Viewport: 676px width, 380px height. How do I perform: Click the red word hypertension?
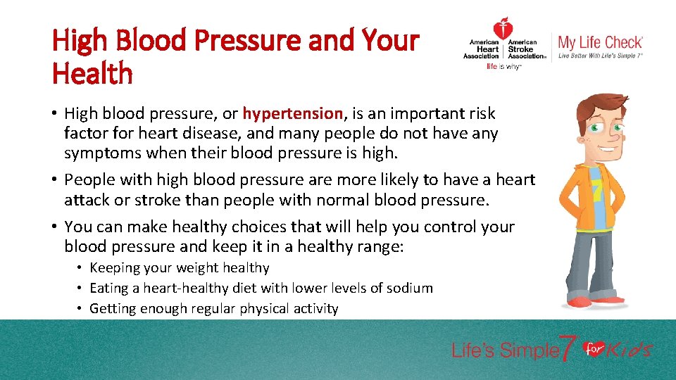coord(293,113)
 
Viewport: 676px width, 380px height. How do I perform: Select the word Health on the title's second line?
coord(92,73)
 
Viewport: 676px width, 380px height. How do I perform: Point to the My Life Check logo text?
coord(600,42)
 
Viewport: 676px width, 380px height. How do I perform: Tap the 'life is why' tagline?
coord(503,67)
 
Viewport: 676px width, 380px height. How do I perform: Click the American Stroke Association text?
coord(526,49)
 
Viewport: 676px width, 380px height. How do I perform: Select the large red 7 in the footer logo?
coord(568,348)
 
